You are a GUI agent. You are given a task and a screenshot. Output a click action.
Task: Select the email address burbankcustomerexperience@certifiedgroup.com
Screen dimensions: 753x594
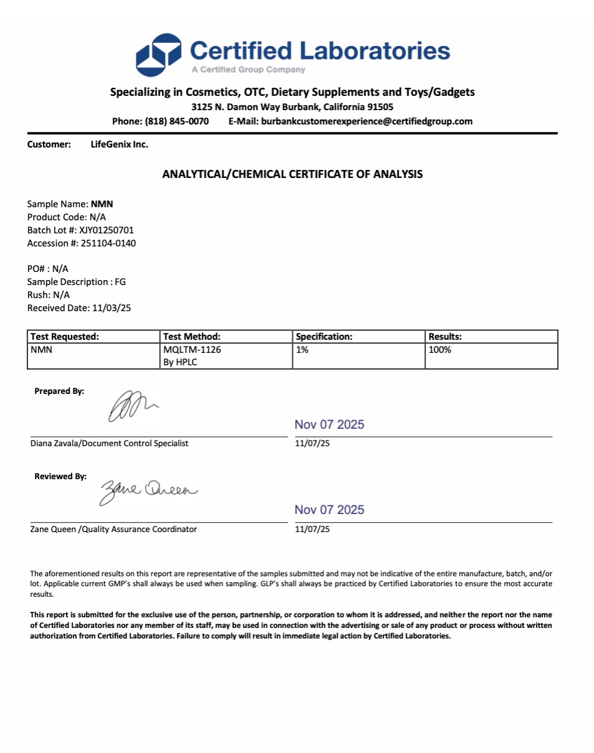pyautogui.click(x=367, y=121)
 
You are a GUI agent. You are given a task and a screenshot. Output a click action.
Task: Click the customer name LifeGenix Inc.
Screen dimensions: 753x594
pyautogui.click(x=120, y=144)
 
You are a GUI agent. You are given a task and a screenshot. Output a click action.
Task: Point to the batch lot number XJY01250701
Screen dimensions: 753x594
pyautogui.click(x=106, y=230)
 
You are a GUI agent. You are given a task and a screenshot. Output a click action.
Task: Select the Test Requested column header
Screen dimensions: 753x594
pyautogui.click(x=65, y=337)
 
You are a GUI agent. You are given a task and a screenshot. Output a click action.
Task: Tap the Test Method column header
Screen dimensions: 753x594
pyautogui.click(x=192, y=337)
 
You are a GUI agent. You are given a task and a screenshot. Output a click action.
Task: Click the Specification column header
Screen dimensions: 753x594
pyautogui.click(x=324, y=337)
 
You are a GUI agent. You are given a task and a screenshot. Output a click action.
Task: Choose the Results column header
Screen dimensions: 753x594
pyautogui.click(x=445, y=337)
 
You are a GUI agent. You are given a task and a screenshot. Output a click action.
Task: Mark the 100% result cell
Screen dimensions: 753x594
pyautogui.click(x=440, y=350)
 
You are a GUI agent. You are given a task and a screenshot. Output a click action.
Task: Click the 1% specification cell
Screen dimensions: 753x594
pyautogui.click(x=303, y=350)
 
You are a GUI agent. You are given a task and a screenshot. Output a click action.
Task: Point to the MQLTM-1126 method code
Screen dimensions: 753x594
pyautogui.click(x=192, y=350)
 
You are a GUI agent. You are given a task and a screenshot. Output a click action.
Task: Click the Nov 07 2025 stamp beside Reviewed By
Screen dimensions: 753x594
pyautogui.click(x=329, y=510)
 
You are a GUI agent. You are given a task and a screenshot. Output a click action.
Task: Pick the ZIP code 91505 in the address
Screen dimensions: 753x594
pyautogui.click(x=380, y=107)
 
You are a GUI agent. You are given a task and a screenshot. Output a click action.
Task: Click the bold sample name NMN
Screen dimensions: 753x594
pyautogui.click(x=102, y=204)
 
